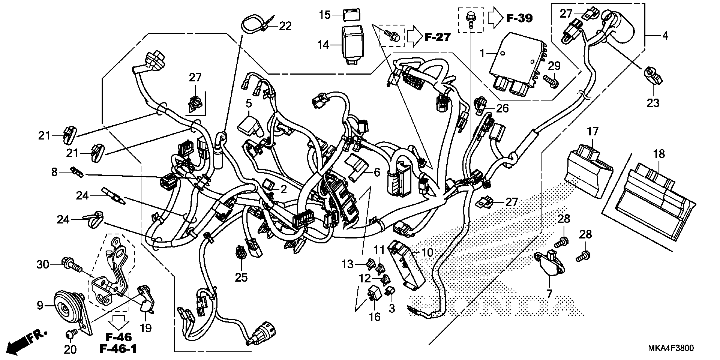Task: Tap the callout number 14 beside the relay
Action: point(323,45)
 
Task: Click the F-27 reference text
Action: point(438,37)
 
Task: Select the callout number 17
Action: point(592,131)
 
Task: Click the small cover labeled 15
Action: point(351,15)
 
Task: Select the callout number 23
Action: point(653,103)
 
